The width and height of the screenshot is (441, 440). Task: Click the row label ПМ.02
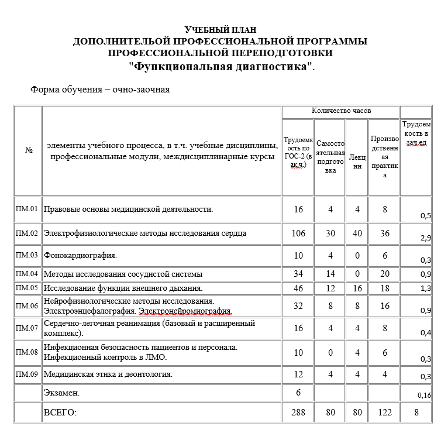click(27, 233)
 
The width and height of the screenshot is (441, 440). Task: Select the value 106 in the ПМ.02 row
click(298, 233)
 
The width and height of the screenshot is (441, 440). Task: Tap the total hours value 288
click(298, 412)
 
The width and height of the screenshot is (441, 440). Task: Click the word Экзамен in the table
click(61, 393)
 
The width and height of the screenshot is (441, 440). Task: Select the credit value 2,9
click(425, 238)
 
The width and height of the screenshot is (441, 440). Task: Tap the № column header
click(29, 150)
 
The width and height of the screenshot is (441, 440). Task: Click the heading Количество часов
click(340, 111)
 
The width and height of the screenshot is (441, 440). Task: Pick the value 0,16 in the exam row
click(424, 396)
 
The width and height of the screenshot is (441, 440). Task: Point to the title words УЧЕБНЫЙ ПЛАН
click(220, 30)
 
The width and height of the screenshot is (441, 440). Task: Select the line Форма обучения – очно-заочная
click(100, 90)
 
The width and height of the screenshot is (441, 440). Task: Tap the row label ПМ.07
click(27, 328)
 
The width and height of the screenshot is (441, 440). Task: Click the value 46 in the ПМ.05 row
click(298, 288)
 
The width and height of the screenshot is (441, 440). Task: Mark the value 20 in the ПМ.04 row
click(384, 274)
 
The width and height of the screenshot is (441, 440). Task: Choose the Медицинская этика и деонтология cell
click(108, 374)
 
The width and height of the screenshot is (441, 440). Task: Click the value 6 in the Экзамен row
click(298, 393)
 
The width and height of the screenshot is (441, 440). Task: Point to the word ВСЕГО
click(61, 412)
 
